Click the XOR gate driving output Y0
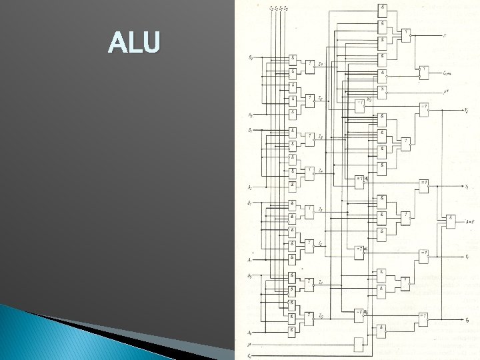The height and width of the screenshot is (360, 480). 423,319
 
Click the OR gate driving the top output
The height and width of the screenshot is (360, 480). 406,33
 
